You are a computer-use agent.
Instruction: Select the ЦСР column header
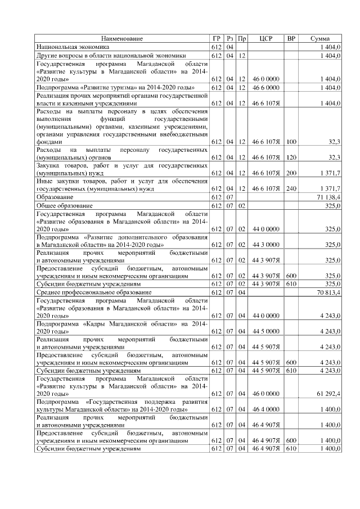pyautogui.click(x=266, y=38)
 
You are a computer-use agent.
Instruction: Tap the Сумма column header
pyautogui.click(x=320, y=38)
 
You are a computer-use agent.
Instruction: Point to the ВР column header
pyautogui.click(x=291, y=38)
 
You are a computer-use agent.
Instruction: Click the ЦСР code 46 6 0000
pyautogui.click(x=265, y=88)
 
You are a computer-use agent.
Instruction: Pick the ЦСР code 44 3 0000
pyautogui.click(x=265, y=245)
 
